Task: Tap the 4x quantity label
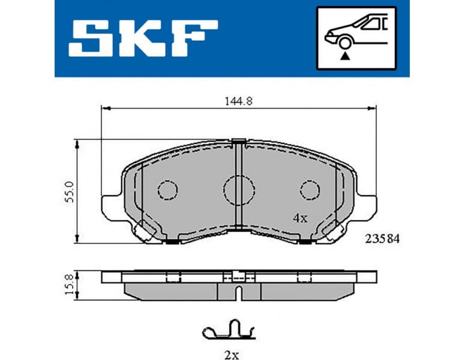tap(299, 218)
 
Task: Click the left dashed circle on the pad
tap(168, 190)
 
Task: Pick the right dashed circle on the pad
tap(310, 190)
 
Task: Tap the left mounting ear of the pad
tap(111, 207)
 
